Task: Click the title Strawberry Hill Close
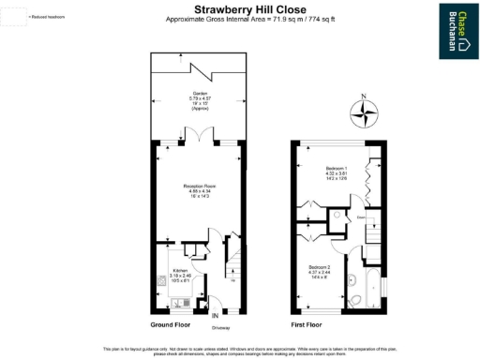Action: pyautogui.click(x=240, y=10)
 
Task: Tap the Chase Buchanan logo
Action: pyautogui.click(x=456, y=22)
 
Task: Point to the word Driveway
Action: pyautogui.click(x=220, y=328)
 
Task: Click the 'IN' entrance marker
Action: pyautogui.click(x=215, y=316)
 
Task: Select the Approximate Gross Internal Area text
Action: pyautogui.click(x=240, y=20)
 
